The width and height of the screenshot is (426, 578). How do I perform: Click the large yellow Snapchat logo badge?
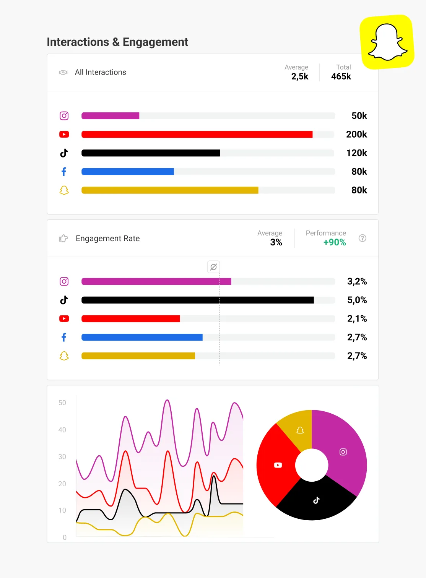coord(387,42)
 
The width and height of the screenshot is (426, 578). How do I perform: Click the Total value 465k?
coord(341,76)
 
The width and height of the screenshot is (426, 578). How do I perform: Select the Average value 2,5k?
coord(300,76)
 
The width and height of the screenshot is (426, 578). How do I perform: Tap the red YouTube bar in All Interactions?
coord(197,135)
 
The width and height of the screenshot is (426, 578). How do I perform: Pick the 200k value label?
coord(356,135)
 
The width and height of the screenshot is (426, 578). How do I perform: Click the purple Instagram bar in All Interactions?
coord(110,116)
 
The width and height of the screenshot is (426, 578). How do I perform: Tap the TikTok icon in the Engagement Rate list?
coord(64,300)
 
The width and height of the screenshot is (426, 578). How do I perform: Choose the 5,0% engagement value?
coord(357,300)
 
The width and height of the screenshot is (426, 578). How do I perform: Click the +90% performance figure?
coord(335,242)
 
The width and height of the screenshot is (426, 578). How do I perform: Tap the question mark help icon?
coord(363,238)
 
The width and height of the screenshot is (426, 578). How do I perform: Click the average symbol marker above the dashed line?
coord(213,267)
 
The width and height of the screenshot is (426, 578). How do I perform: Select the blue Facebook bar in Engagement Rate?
coord(142,337)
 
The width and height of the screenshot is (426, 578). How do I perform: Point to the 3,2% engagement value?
coord(357,282)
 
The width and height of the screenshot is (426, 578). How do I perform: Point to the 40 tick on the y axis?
coord(62,430)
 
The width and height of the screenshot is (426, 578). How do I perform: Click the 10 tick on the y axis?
coord(62,510)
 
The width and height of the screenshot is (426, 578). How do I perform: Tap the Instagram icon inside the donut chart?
coord(343,452)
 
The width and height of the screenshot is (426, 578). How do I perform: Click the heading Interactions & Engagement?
coord(117,42)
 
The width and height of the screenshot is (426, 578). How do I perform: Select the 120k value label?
coord(356,153)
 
